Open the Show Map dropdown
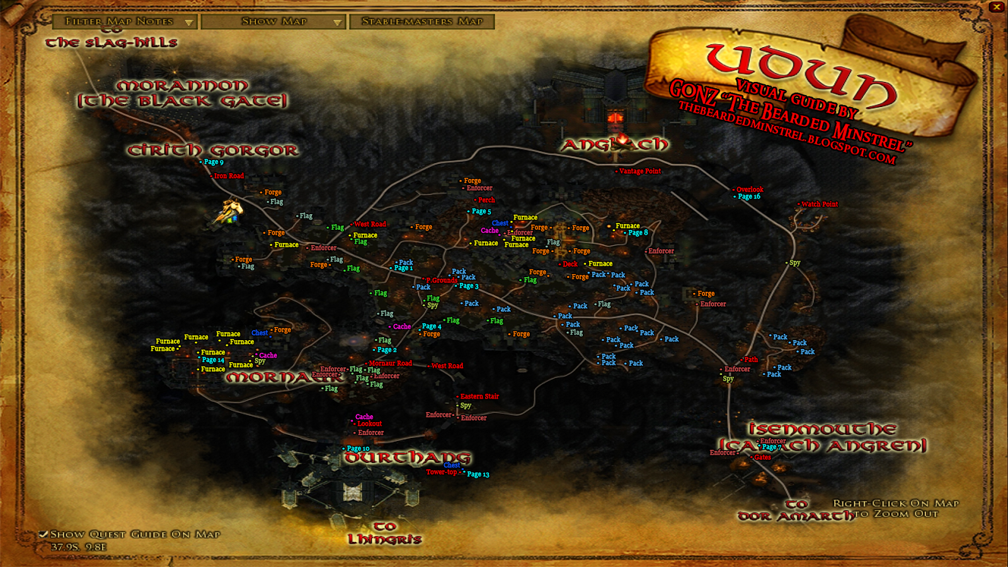275,22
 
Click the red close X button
996,8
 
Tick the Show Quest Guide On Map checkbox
43,534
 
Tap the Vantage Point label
639,171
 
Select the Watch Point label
819,204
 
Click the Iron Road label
229,176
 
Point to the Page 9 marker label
213,162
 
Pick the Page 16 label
748,197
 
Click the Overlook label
749,189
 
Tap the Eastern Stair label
479,396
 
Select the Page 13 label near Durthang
478,474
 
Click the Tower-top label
442,472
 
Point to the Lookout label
369,424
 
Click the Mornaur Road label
390,363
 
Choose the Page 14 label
213,360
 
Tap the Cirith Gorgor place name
213,151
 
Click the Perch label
486,200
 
